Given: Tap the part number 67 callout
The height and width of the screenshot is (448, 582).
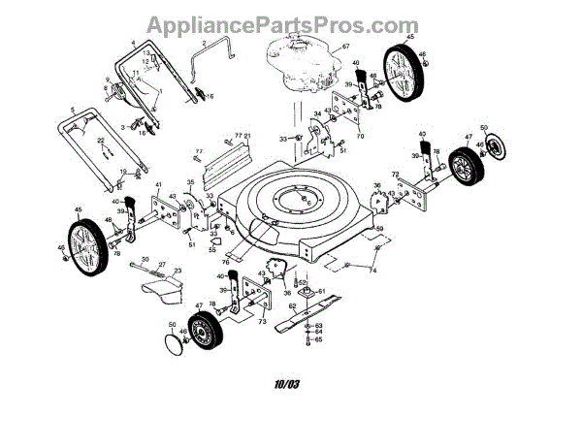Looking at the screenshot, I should pyautogui.click(x=344, y=47).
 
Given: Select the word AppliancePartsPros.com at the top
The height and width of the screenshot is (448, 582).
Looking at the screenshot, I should pyautogui.click(x=290, y=23).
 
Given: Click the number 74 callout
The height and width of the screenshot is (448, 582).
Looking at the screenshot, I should pyautogui.click(x=371, y=271).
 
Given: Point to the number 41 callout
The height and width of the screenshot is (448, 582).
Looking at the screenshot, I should pyautogui.click(x=157, y=183).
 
